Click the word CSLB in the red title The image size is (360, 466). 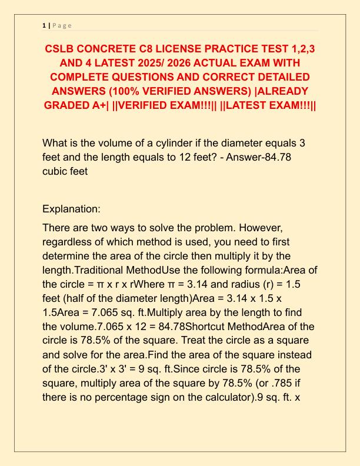click(61, 48)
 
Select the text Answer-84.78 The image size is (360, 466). click(270, 158)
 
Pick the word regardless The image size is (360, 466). click(68, 241)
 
